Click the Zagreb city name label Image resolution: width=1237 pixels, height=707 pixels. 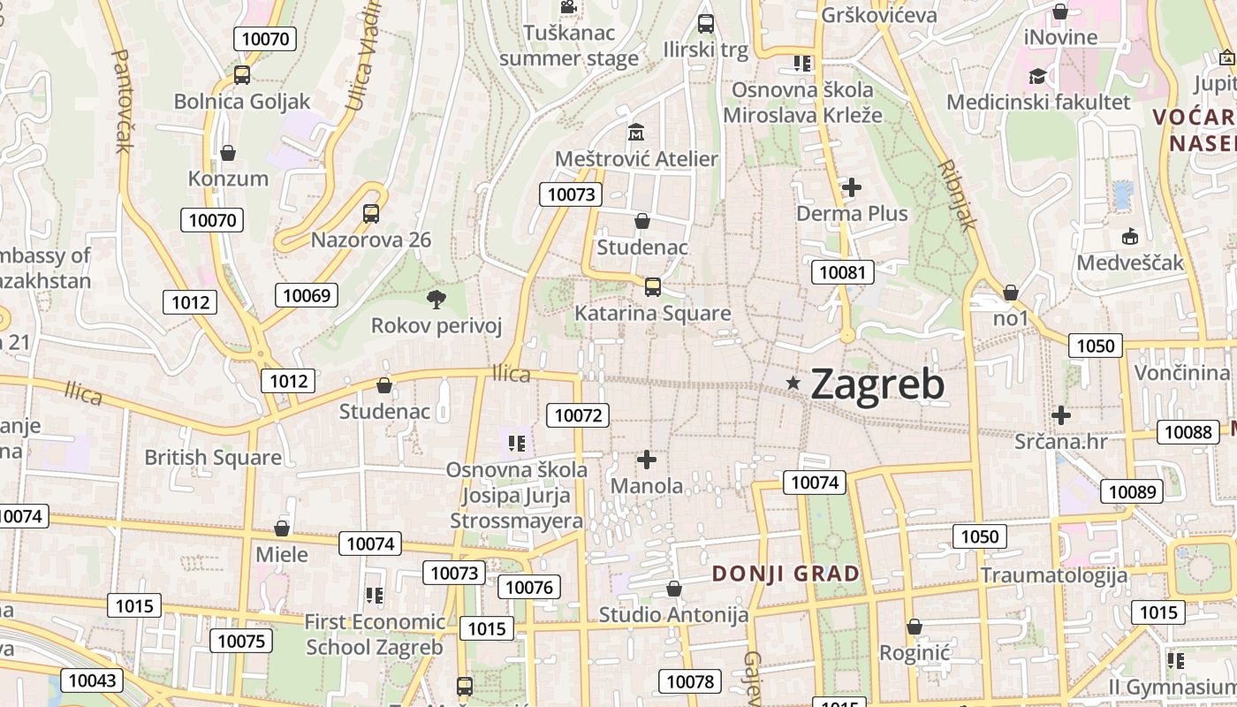(x=877, y=384)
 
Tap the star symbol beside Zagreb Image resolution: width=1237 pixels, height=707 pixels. (x=793, y=383)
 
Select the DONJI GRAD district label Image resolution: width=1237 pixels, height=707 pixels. (x=785, y=574)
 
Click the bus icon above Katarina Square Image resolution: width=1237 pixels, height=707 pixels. (x=653, y=286)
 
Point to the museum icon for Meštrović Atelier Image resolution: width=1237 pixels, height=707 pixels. (x=636, y=133)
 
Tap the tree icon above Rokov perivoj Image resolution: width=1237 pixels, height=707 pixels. (x=436, y=300)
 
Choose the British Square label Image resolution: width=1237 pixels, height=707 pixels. (x=213, y=457)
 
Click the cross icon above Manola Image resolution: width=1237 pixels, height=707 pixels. (x=647, y=460)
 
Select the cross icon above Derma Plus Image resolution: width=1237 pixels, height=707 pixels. (x=852, y=187)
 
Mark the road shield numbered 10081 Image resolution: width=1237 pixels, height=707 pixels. (x=843, y=272)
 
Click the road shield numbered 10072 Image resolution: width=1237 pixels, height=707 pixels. (x=578, y=414)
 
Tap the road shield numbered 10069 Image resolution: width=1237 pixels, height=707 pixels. (x=307, y=295)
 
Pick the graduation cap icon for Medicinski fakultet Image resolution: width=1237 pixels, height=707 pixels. (x=1037, y=76)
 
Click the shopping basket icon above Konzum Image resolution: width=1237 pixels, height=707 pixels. (x=228, y=153)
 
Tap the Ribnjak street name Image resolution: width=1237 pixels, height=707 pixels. (x=957, y=194)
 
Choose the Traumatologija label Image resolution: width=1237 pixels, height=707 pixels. (x=1053, y=575)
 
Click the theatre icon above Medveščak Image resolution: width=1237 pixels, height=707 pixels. (x=1129, y=237)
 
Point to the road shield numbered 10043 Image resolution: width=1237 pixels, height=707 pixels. (x=91, y=680)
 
